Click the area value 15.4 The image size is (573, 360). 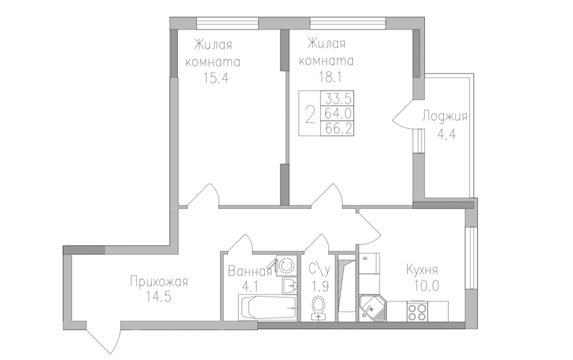point(216,78)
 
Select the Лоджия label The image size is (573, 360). point(445,117)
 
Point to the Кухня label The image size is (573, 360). point(422,270)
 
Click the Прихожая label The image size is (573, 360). point(159,282)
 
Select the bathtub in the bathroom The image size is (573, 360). point(268,307)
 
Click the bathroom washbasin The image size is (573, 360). point(290,285)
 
